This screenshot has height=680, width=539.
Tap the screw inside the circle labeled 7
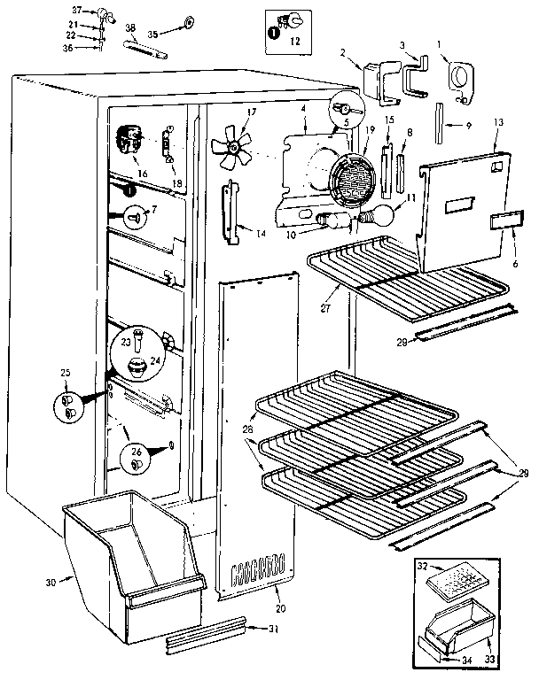tap(135, 213)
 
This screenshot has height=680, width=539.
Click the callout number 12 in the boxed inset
tap(295, 42)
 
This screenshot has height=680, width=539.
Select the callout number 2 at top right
tap(342, 53)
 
